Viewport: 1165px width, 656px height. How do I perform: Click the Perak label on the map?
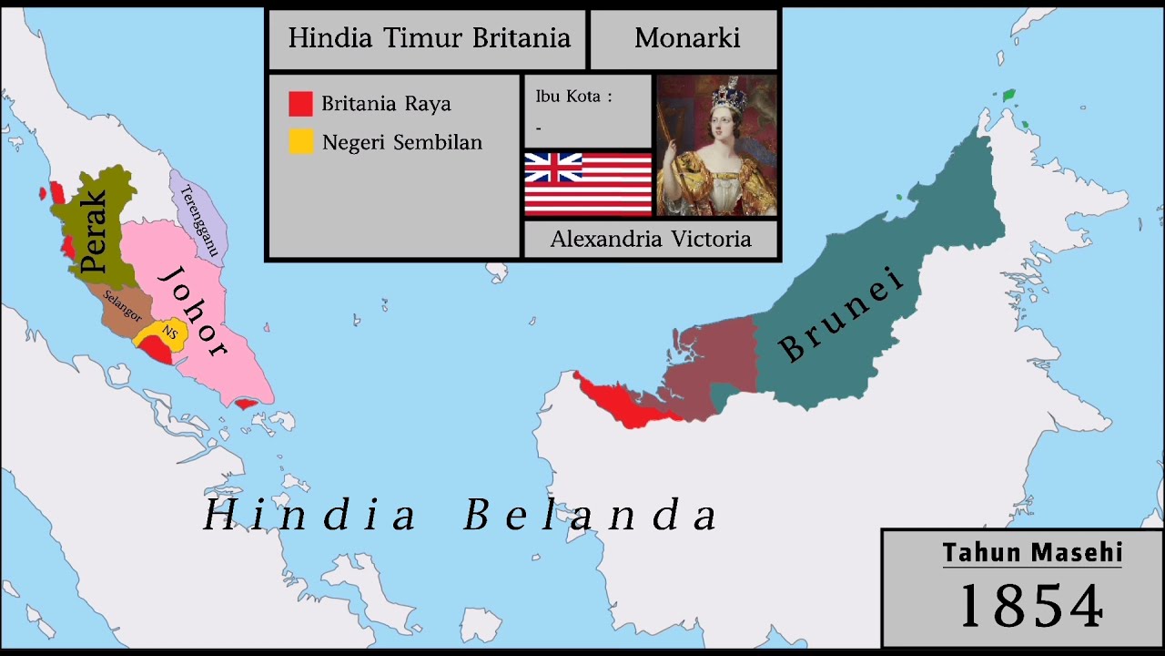pyautogui.click(x=93, y=231)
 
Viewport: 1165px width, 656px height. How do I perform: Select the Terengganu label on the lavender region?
pyautogui.click(x=200, y=220)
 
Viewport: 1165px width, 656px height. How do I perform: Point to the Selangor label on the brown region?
pyautogui.click(x=122, y=305)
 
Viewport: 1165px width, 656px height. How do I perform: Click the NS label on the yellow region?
pyautogui.click(x=169, y=333)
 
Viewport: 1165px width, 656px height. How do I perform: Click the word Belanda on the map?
pyautogui.click(x=591, y=516)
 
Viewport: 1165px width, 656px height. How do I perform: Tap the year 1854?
pyautogui.click(x=1031, y=605)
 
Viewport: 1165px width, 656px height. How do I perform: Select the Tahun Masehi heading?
pyautogui.click(x=1032, y=552)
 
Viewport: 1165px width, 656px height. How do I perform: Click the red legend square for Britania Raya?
pyautogui.click(x=300, y=104)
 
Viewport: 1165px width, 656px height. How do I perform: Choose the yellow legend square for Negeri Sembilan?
pyautogui.click(x=300, y=142)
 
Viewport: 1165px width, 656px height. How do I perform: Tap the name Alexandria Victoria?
pyautogui.click(x=651, y=240)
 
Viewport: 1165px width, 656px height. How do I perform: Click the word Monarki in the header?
pyautogui.click(x=687, y=38)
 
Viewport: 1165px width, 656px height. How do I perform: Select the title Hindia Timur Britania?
pyautogui.click(x=429, y=38)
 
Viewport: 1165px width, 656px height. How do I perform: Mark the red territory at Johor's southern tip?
pyautogui.click(x=245, y=404)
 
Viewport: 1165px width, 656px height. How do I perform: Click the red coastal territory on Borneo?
pyautogui.click(x=619, y=402)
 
